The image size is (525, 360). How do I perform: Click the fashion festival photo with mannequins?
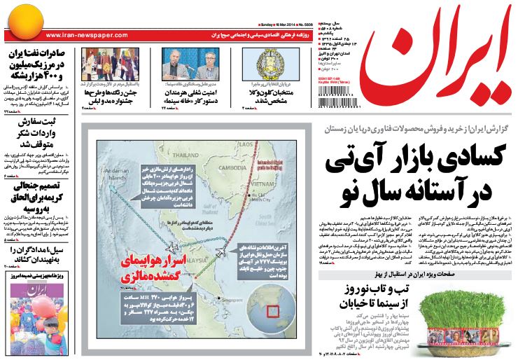(x=108, y=67)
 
